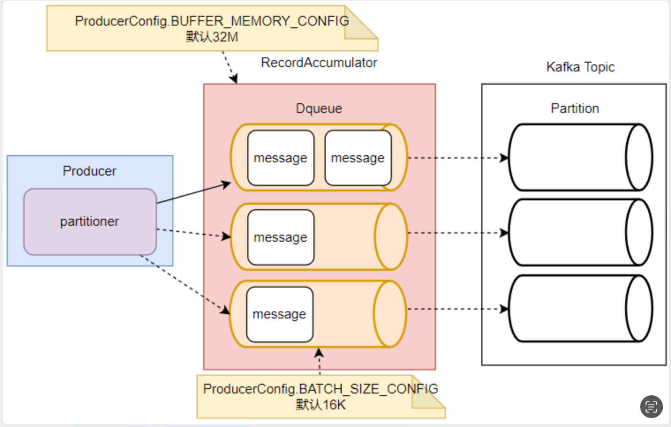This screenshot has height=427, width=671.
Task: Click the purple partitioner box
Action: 90,221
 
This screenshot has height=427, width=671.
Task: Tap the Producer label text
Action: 90,171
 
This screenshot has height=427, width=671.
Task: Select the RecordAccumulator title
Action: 319,63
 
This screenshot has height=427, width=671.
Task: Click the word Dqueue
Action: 319,109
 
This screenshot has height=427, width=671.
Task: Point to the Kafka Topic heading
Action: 580,67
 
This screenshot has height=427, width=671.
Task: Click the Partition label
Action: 575,109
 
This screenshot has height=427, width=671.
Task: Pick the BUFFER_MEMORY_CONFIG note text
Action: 212,21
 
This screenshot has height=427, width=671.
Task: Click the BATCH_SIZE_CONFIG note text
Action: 320,389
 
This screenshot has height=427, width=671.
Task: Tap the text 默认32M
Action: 212,37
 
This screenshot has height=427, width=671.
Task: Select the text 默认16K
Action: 320,405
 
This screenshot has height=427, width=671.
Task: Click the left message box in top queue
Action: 281,158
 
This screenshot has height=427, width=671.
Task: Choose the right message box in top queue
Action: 358,158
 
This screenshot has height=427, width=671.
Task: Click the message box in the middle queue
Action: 281,237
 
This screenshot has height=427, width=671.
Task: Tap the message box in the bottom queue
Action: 279,314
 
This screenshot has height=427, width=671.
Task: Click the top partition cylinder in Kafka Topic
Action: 574,157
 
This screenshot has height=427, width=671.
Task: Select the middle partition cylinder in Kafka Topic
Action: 574,232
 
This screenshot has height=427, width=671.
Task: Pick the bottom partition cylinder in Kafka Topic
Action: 574,308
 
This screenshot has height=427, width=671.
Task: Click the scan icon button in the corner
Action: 651,406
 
